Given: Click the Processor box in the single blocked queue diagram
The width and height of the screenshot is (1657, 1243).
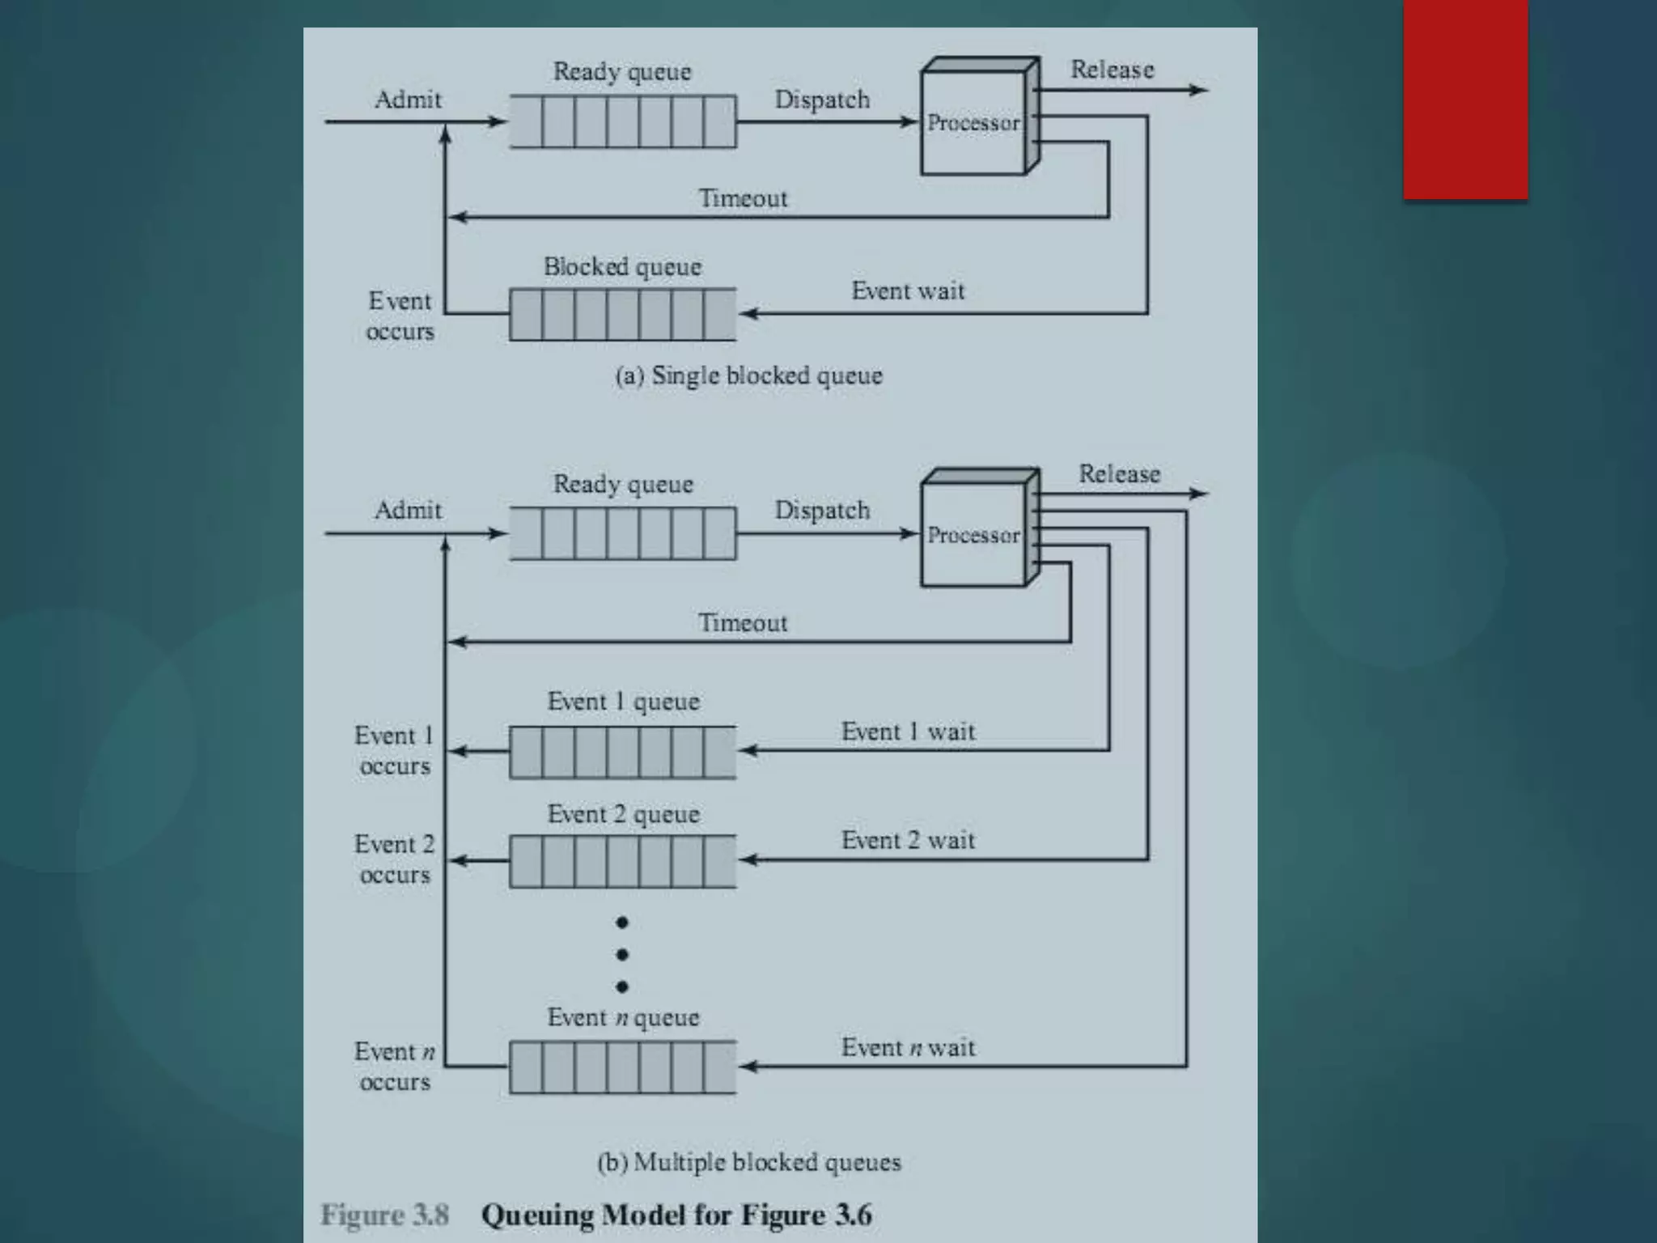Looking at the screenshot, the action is click(973, 123).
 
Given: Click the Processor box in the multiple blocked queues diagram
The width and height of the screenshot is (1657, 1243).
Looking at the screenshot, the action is click(973, 535).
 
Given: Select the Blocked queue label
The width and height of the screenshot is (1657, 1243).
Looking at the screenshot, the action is click(622, 266).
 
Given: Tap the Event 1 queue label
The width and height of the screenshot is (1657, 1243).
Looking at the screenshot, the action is click(623, 701).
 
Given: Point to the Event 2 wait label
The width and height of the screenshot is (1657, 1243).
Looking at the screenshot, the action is click(908, 840).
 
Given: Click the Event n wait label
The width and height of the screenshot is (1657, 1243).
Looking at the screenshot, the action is click(908, 1047).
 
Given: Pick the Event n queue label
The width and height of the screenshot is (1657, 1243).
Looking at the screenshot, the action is click(623, 1017).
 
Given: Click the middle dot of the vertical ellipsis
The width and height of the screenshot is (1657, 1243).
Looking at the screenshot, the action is click(621, 955).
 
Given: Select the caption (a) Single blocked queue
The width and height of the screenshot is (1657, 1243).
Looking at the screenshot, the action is click(748, 375).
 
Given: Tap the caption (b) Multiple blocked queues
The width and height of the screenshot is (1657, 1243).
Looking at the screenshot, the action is click(748, 1162).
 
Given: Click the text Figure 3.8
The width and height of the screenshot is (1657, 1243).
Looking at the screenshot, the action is click(384, 1215).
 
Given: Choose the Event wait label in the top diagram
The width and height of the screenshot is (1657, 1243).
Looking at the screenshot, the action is click(908, 291).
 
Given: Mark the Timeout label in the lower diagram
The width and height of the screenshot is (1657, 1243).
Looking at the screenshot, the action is click(743, 622).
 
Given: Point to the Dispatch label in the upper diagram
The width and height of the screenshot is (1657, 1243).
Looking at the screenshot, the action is click(822, 100).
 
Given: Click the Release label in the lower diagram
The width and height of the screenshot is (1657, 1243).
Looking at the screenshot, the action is click(1119, 473).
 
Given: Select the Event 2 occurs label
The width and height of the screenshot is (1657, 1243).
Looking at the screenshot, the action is click(395, 859).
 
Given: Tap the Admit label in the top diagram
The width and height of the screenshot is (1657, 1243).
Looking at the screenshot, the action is click(408, 100).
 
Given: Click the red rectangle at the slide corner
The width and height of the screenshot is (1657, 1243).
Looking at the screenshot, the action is click(1465, 99).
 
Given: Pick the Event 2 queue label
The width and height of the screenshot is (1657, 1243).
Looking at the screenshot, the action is click(623, 814).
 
